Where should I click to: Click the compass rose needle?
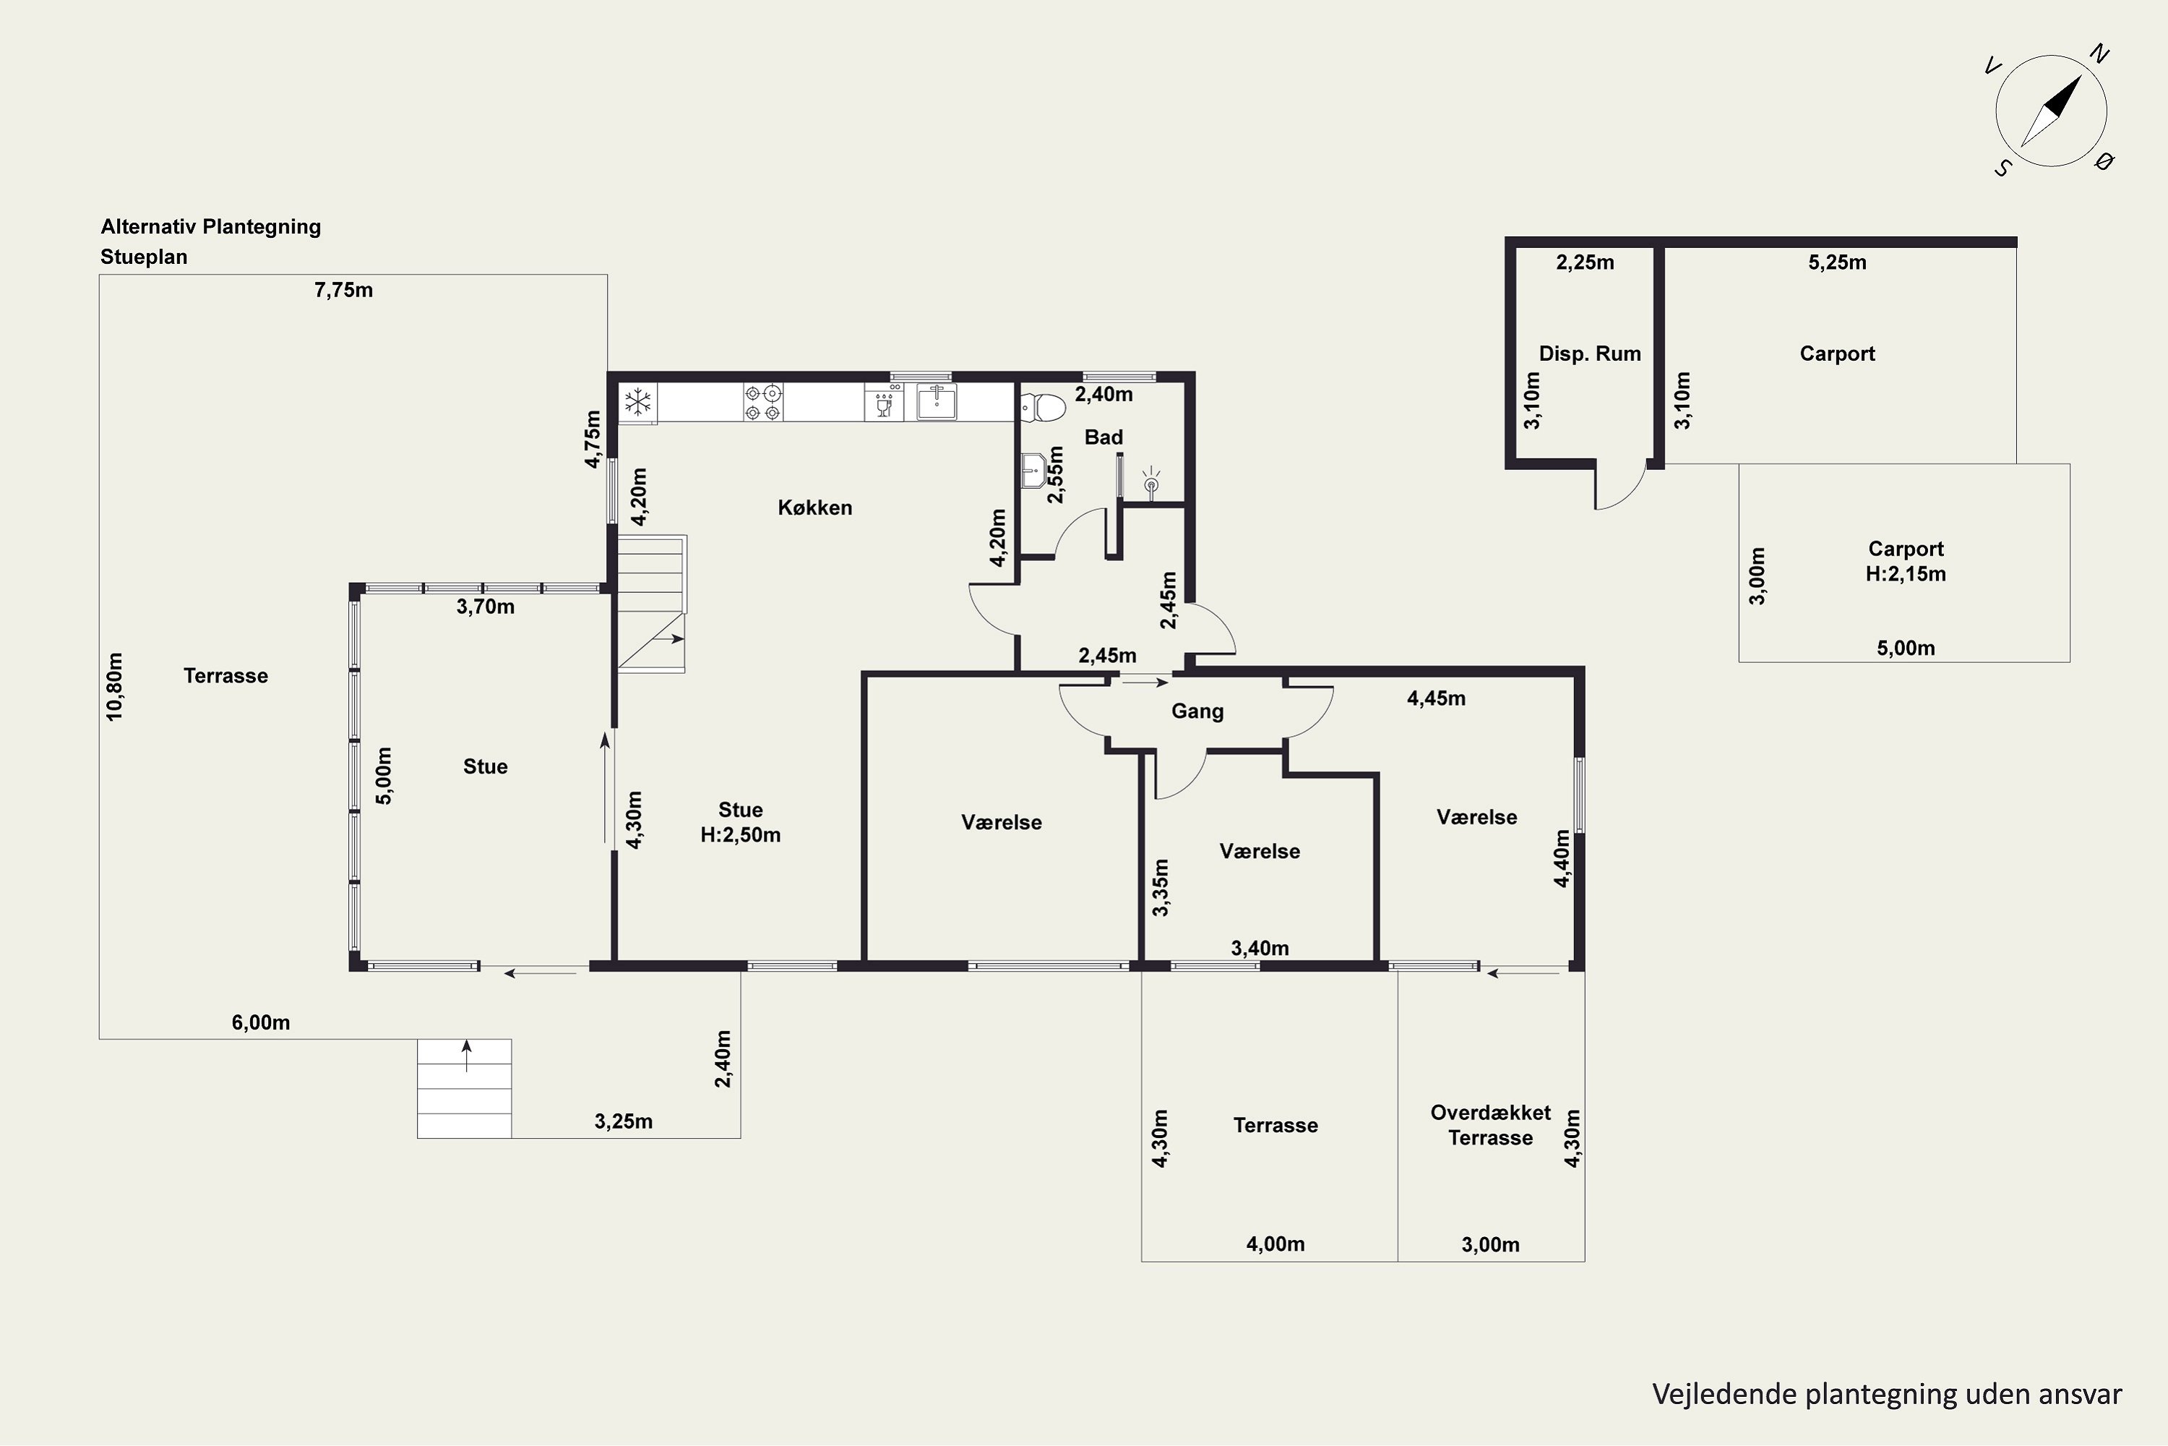(2051, 111)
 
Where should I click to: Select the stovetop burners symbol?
(763, 402)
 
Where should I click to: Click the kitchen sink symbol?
(937, 402)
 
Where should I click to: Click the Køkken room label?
(815, 508)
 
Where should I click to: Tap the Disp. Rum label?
(1590, 354)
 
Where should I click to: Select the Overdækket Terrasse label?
(1490, 1125)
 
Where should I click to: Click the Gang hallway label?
(1197, 711)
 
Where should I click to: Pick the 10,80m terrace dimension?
(114, 687)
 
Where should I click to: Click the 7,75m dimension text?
(344, 291)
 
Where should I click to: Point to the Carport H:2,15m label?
(1905, 561)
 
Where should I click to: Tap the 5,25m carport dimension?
(1837, 262)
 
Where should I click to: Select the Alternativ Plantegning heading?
(211, 227)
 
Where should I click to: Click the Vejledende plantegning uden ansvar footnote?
(1887, 1395)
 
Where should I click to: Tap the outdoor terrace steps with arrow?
(465, 1088)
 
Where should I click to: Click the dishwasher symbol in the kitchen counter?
(884, 402)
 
